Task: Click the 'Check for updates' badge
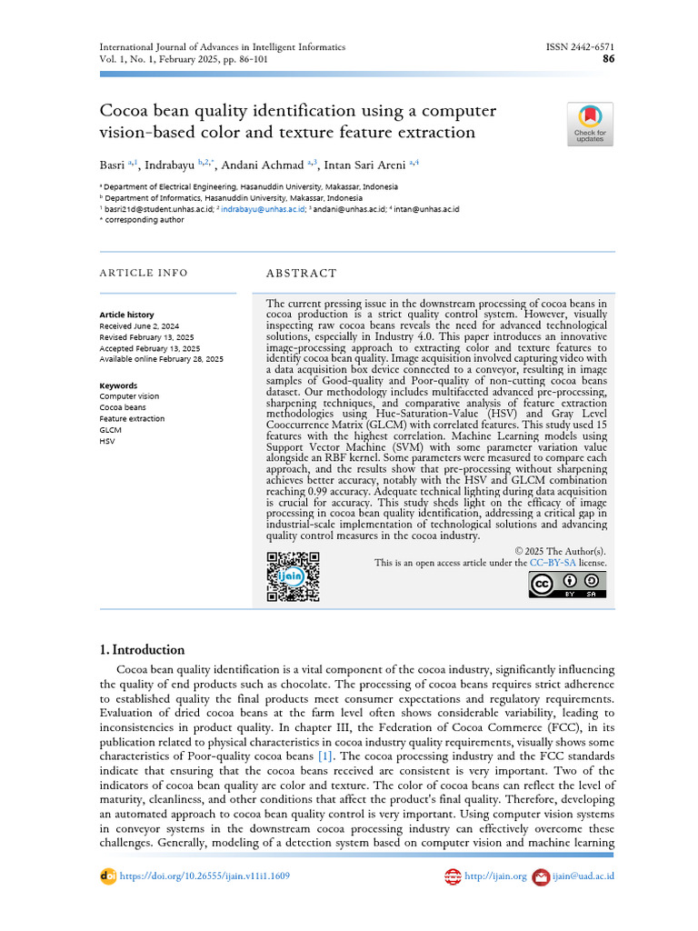(x=590, y=125)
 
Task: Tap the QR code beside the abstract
(x=293, y=576)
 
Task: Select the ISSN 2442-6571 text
(x=579, y=46)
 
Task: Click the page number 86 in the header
(x=608, y=59)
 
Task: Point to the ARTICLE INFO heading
(x=144, y=273)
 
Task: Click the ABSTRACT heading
(x=301, y=273)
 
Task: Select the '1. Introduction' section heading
(x=142, y=650)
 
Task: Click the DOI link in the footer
(x=204, y=876)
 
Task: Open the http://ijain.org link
(x=495, y=876)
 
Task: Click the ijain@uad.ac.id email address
(x=583, y=876)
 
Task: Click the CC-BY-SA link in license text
(x=553, y=563)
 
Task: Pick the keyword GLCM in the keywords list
(x=110, y=430)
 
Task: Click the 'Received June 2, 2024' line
(x=139, y=325)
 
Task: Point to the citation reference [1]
(x=324, y=756)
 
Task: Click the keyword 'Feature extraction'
(x=132, y=419)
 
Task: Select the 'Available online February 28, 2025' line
(x=161, y=359)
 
